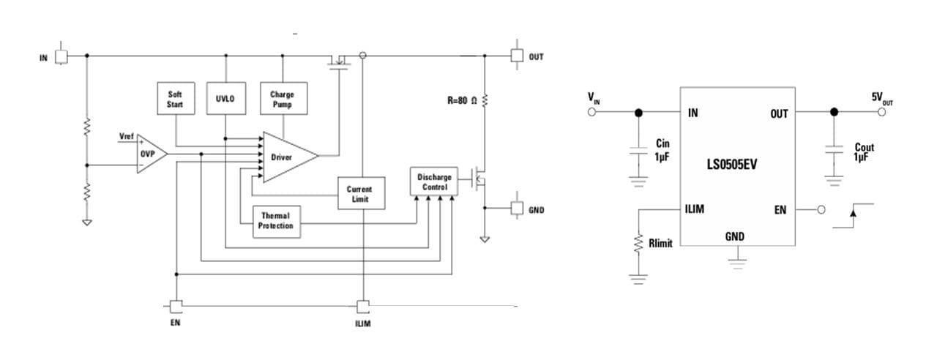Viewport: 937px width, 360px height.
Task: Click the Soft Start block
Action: [176, 98]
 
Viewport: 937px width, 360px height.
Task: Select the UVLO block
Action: [226, 98]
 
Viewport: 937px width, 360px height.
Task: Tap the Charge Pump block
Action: [283, 98]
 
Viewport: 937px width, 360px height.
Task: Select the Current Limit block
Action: [362, 193]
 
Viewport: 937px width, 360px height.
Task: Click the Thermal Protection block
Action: [277, 222]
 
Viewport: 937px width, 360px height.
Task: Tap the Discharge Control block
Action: [434, 181]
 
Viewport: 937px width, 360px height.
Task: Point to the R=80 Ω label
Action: [462, 100]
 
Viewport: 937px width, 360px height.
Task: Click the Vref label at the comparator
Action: [127, 136]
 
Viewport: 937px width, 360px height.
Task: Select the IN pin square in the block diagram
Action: [61, 57]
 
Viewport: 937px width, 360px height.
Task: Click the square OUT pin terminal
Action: [517, 56]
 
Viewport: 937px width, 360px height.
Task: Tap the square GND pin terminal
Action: [517, 208]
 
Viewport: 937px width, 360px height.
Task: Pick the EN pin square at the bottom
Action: [176, 307]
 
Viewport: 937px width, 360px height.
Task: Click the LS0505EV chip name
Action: [732, 165]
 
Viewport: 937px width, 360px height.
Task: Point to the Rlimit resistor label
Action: [660, 244]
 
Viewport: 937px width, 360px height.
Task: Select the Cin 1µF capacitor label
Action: [662, 150]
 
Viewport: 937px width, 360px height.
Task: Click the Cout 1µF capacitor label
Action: [864, 152]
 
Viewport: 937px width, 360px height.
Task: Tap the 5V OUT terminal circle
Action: [882, 112]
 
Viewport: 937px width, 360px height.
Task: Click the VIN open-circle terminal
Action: [592, 112]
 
